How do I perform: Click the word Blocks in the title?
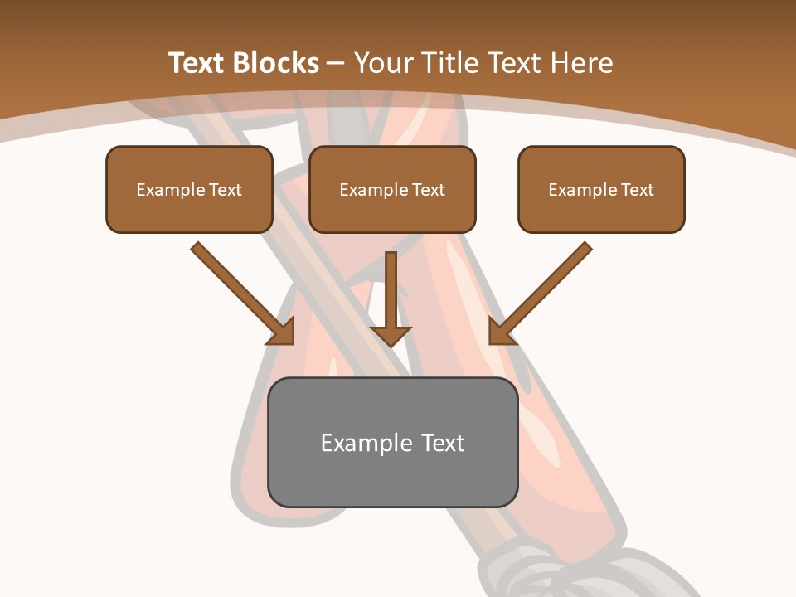point(275,63)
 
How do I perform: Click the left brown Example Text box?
point(189,189)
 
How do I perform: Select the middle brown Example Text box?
point(392,189)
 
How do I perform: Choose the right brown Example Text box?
point(601,189)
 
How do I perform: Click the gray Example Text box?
point(392,442)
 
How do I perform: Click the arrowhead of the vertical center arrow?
point(391,336)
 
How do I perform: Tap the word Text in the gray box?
point(444,443)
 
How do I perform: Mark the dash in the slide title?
point(336,63)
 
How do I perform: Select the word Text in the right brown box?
point(638,190)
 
